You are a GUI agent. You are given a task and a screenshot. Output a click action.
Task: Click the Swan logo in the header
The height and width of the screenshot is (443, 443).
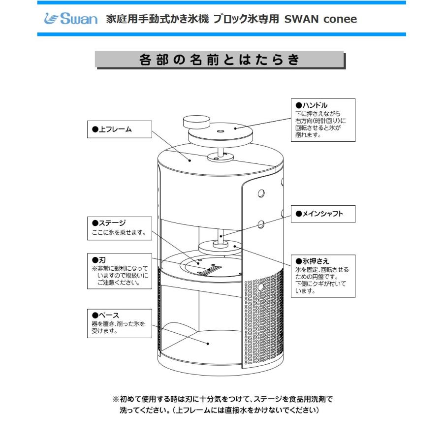[x=68, y=20]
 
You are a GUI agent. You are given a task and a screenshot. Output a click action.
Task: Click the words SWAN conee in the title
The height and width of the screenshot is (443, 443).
[x=320, y=19]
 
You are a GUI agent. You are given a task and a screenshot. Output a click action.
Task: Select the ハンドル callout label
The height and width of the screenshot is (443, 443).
[x=311, y=105]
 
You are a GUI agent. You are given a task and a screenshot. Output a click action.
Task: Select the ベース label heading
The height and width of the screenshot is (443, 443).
[x=106, y=315]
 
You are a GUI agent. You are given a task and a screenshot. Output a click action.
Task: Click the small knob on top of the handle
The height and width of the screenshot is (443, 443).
[x=196, y=122]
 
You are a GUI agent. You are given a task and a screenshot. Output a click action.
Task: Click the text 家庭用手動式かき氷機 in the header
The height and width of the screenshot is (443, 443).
[x=158, y=19]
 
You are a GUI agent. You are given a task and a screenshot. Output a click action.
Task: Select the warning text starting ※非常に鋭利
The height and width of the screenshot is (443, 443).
[x=121, y=276]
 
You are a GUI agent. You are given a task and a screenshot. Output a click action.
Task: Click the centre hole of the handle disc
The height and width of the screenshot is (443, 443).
[x=220, y=131]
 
